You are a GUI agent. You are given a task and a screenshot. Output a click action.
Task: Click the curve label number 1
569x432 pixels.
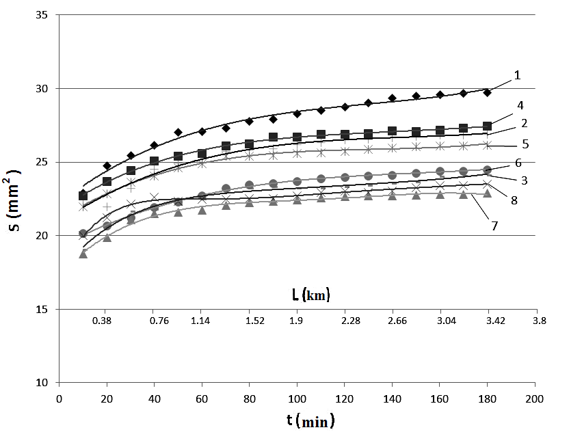[x=518, y=75]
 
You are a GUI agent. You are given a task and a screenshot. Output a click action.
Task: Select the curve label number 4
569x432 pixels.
[x=521, y=106]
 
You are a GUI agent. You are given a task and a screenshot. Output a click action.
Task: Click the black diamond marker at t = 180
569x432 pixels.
[x=488, y=92]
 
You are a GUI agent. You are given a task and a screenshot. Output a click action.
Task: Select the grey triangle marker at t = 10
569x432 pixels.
[x=83, y=254]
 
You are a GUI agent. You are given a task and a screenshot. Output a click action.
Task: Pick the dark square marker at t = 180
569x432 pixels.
[x=488, y=126]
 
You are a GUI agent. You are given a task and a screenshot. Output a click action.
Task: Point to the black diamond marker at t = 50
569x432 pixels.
[x=178, y=132]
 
